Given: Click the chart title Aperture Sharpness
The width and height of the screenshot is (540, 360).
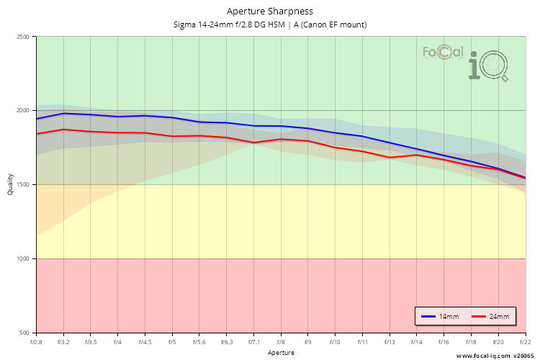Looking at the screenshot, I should click(270, 11).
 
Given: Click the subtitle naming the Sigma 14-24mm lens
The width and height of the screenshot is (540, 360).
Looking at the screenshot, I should click(270, 24).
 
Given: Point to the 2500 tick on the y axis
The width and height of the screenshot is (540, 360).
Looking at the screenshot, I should click(23, 37).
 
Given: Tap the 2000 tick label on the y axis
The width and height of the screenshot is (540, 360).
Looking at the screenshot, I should click(23, 111).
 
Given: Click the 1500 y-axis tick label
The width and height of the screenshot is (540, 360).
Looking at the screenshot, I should click(23, 185).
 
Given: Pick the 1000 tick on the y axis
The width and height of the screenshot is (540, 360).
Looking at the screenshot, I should click(23, 259).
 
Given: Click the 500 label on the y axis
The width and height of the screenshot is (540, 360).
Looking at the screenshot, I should click(25, 333).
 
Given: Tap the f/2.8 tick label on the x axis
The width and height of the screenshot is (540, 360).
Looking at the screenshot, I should click(36, 342).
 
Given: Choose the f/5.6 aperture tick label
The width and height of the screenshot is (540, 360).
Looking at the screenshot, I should click(199, 342).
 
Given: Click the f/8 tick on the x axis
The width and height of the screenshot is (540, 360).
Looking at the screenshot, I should click(281, 342).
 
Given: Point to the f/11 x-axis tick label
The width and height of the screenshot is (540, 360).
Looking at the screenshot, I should click(363, 342).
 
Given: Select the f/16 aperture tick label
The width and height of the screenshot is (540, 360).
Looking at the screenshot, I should click(444, 342).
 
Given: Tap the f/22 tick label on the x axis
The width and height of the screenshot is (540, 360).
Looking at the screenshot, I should click(526, 342).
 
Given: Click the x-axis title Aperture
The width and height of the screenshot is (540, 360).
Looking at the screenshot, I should click(281, 353).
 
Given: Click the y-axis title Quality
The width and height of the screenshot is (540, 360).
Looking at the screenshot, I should click(10, 185).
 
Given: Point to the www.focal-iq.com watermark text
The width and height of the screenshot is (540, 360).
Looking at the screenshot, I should click(484, 355).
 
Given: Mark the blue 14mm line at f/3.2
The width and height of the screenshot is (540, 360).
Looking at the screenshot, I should click(63, 113).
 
